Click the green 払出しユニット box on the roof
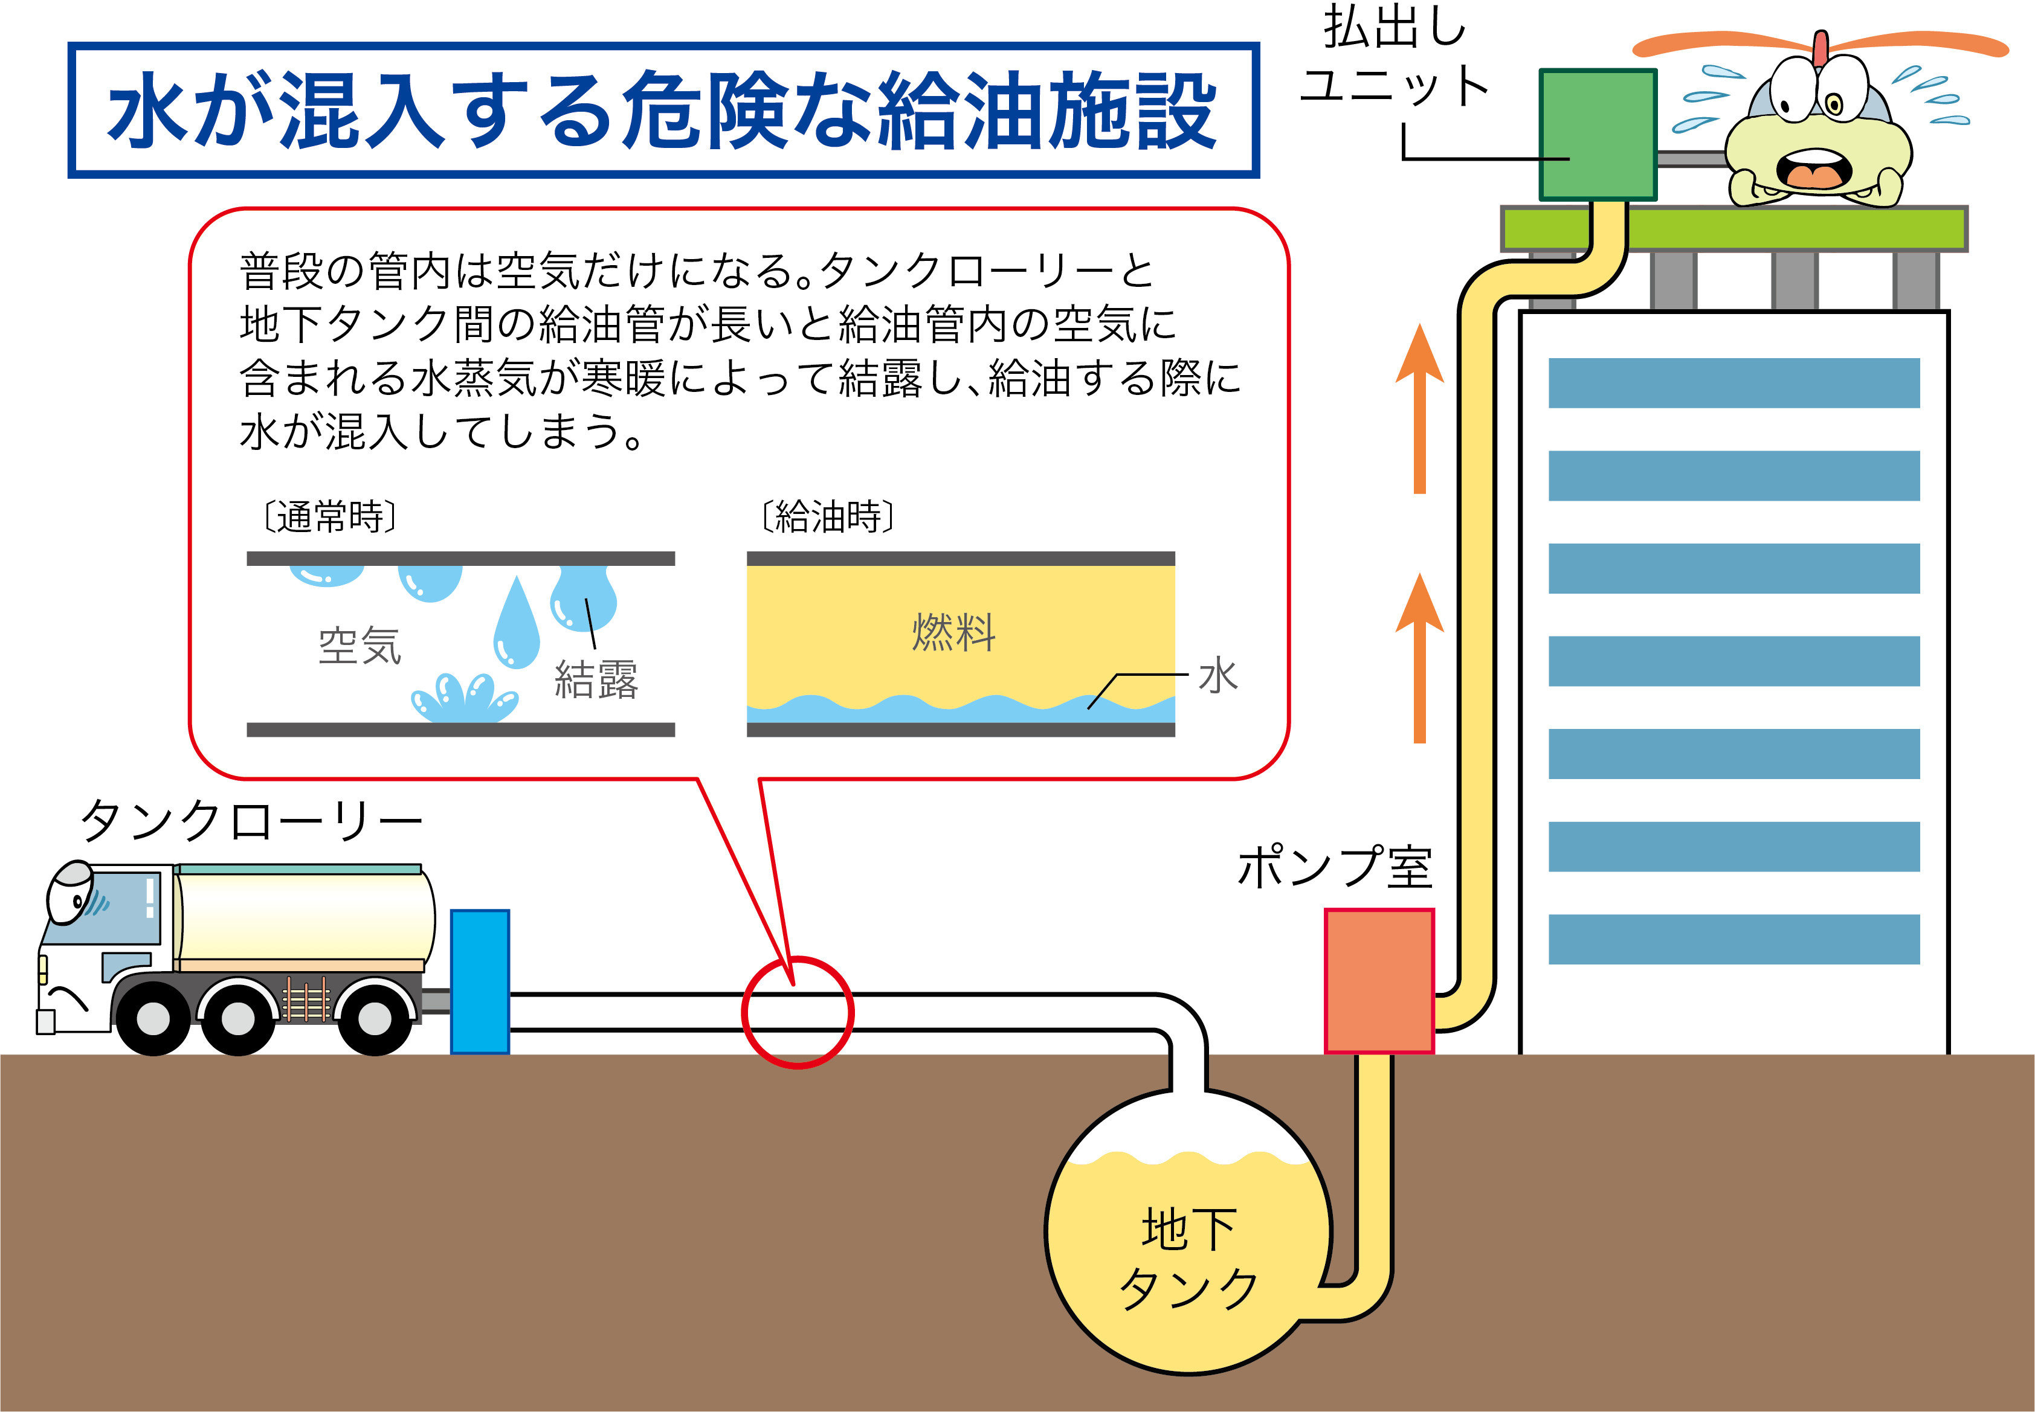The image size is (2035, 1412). click(1598, 135)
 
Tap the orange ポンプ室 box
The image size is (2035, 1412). click(1378, 980)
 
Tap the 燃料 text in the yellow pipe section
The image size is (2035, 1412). click(954, 632)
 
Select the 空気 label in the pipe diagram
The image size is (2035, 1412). click(360, 645)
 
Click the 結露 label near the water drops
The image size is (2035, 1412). click(596, 679)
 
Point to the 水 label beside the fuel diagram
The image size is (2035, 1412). click(1218, 676)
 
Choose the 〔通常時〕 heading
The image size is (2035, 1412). click(330, 517)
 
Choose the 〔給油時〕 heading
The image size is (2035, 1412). click(828, 517)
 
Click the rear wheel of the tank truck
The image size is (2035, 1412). click(375, 1018)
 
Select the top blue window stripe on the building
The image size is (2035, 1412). click(1733, 382)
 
